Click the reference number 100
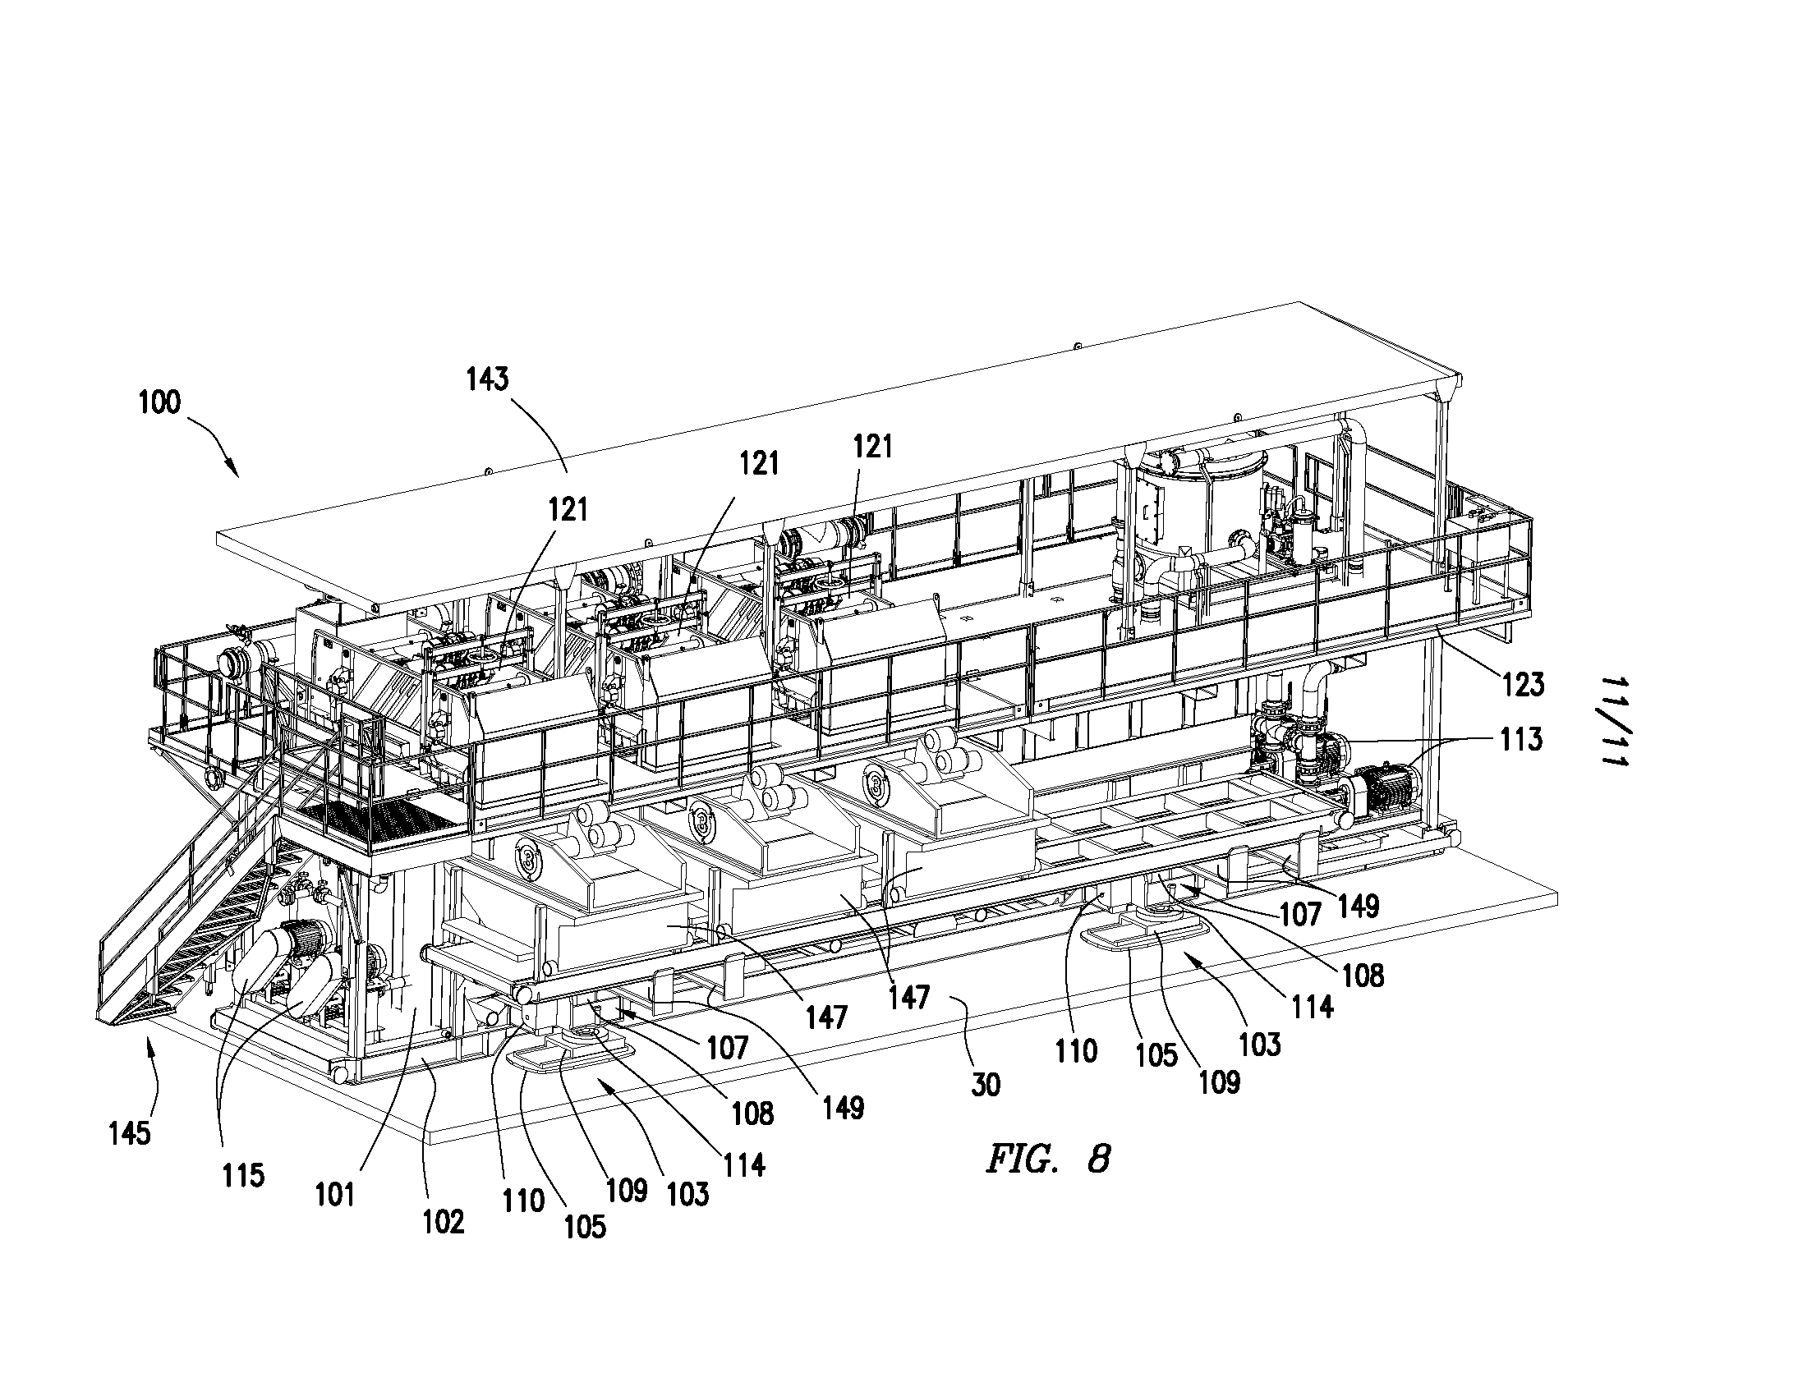click(x=159, y=402)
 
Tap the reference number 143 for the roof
click(x=487, y=379)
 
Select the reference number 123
click(x=1523, y=684)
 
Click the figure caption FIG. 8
click(x=1047, y=1159)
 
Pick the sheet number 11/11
click(x=1614, y=721)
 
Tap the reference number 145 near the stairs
click(x=130, y=1132)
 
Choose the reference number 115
click(x=242, y=1174)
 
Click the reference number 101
click(x=335, y=1194)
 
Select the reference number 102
click(x=444, y=1222)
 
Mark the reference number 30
click(x=986, y=1083)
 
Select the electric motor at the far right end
click(x=1383, y=785)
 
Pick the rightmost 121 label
click(x=873, y=447)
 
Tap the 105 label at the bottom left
click(x=585, y=1227)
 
